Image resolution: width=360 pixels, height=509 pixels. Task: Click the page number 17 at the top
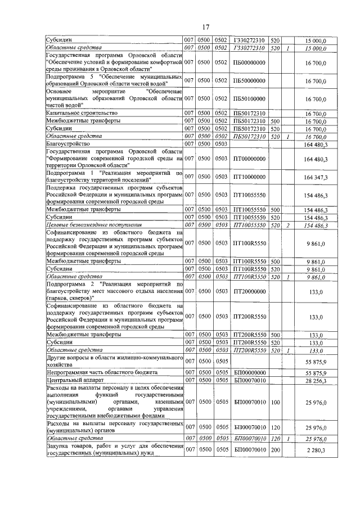tap(205, 27)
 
